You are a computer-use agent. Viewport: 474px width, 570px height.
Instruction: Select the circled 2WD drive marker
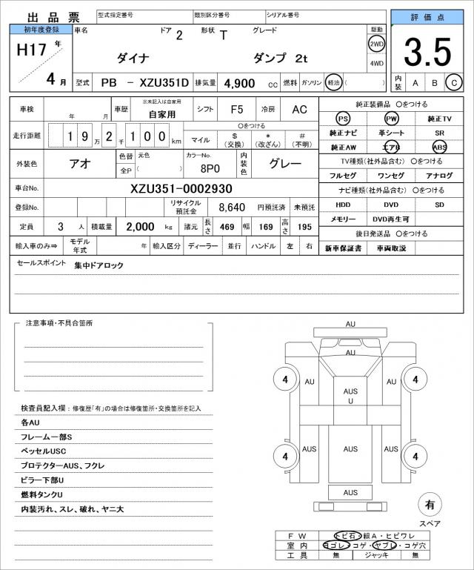pos(376,44)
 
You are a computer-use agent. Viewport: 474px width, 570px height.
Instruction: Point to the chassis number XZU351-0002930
pos(181,189)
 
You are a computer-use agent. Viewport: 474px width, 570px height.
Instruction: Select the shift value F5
pos(237,109)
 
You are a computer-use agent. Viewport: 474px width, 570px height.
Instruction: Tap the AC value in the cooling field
pos(299,109)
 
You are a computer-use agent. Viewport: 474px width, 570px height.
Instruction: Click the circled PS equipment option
pos(342,119)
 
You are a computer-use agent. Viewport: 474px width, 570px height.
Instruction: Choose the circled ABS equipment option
pos(440,147)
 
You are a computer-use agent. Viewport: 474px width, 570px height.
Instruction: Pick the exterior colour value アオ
pos(80,164)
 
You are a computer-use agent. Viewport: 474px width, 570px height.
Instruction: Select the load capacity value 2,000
pos(139,226)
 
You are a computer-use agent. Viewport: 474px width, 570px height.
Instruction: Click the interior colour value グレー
pos(284,164)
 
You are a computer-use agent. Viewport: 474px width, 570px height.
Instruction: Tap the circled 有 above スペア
pos(429,506)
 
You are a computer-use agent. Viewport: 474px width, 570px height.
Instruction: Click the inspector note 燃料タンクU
pos(42,494)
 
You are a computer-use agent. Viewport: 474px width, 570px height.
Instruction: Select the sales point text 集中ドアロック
pos(99,265)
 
